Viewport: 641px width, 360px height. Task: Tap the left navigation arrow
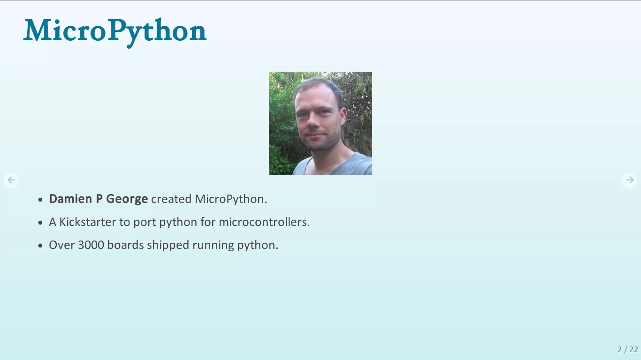(x=11, y=180)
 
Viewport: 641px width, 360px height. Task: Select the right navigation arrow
(x=630, y=180)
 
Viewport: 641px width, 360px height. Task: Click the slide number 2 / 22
(x=628, y=349)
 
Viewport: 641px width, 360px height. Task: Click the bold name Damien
(x=70, y=199)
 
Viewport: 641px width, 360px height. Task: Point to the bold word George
(x=127, y=199)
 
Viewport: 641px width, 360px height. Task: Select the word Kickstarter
(x=88, y=222)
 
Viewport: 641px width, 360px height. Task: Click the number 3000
(x=91, y=245)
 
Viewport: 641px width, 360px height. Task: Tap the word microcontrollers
(x=264, y=222)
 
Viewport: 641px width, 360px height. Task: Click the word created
(x=171, y=199)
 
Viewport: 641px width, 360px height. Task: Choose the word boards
(x=125, y=245)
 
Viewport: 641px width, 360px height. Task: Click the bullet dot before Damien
(x=40, y=200)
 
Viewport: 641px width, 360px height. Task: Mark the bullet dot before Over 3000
(x=40, y=246)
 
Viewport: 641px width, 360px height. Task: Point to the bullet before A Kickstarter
(x=40, y=223)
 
